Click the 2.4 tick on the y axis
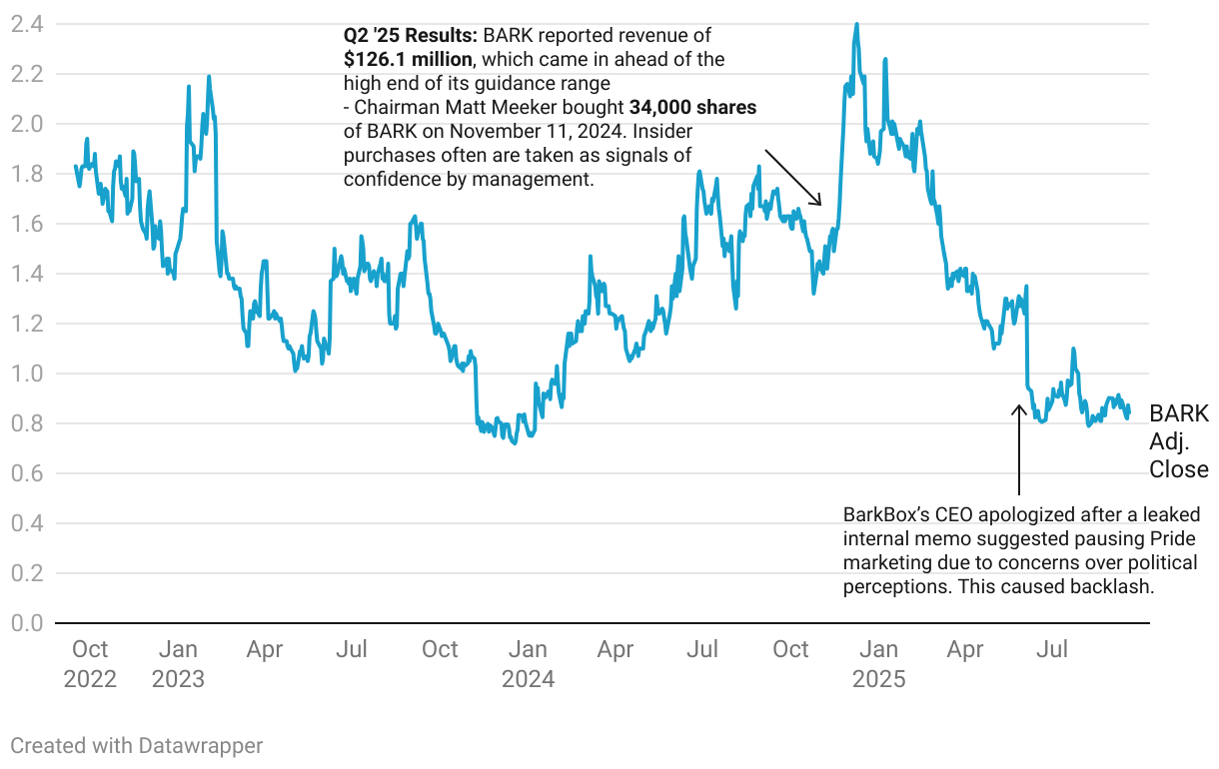point(26,24)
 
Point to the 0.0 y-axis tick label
point(26,623)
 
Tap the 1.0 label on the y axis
point(26,374)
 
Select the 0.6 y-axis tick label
point(26,473)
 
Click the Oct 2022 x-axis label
point(90,664)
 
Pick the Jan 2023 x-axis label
point(178,664)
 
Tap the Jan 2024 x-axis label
point(528,664)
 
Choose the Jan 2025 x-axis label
point(878,664)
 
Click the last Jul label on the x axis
point(1052,650)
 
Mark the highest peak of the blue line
point(856,24)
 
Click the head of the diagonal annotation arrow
point(820,205)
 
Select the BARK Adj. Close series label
point(1178,441)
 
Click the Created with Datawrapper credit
point(137,745)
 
